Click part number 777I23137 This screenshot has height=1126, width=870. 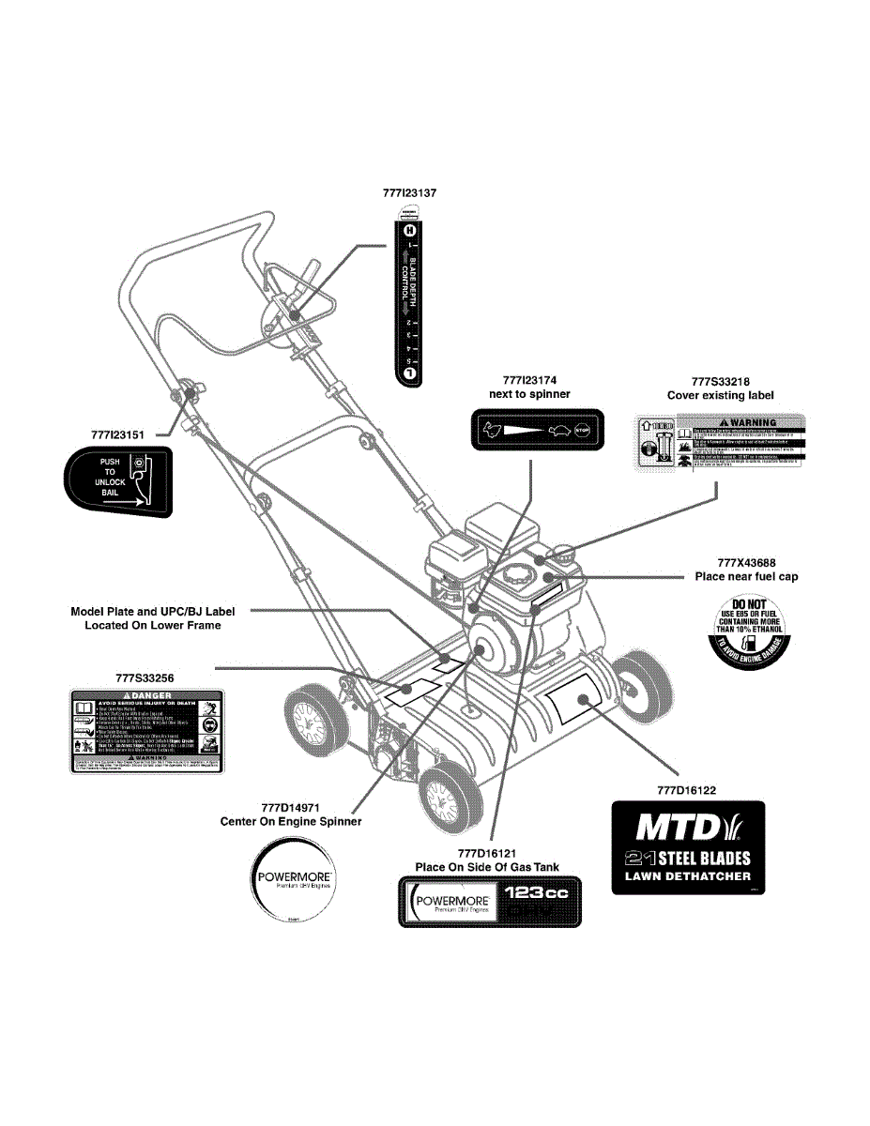pyautogui.click(x=410, y=192)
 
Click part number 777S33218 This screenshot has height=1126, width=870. pyautogui.click(x=720, y=381)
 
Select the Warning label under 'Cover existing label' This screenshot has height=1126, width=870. pyautogui.click(x=720, y=445)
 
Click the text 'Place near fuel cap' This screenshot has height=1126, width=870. pyautogui.click(x=746, y=576)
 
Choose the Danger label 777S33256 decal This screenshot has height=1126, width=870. pyautogui.click(x=147, y=730)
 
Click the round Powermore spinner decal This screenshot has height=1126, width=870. pyautogui.click(x=290, y=880)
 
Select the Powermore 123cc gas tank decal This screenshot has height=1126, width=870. pyautogui.click(x=490, y=902)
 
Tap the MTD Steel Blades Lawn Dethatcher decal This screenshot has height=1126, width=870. pyautogui.click(x=688, y=846)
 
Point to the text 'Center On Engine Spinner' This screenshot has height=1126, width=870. pyautogui.click(x=290, y=822)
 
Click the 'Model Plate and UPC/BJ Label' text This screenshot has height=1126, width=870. pyautogui.click(x=153, y=612)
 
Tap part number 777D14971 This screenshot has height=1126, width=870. pyautogui.click(x=290, y=807)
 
